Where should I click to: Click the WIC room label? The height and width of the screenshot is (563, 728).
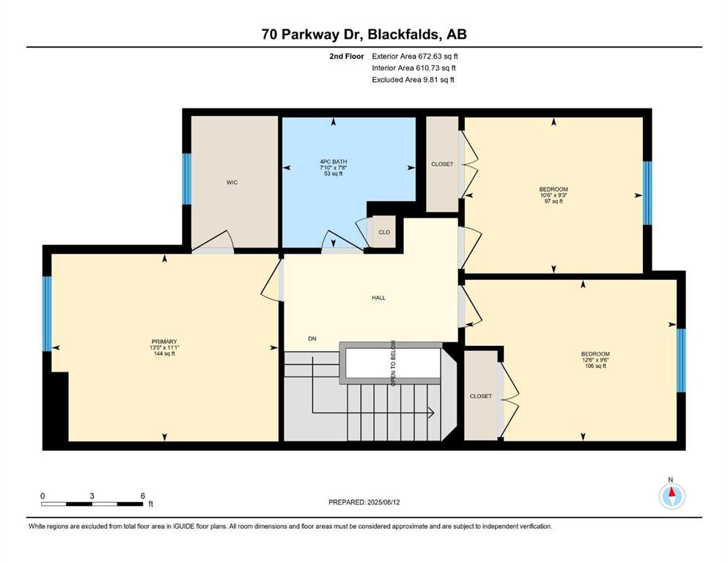coord(232,183)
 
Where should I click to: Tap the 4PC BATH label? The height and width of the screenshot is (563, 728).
coord(334,161)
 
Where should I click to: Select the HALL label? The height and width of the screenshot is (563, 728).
coord(378,298)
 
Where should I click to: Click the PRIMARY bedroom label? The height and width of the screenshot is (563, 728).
coord(164,342)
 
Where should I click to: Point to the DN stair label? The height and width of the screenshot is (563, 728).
coord(312,339)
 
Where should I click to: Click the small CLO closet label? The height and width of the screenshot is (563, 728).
coord(384,232)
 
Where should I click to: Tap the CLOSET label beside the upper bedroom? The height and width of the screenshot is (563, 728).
coord(442,164)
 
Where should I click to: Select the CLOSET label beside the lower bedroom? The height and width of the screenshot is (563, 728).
coord(480,397)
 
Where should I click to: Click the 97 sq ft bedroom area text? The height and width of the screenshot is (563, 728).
coord(554,202)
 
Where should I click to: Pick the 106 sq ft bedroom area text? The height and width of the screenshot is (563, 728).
coord(595,366)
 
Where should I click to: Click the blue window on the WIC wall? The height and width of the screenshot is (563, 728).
coord(187,179)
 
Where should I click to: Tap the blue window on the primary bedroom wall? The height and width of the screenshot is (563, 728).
coord(47,314)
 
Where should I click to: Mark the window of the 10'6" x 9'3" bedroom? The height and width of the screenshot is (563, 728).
coord(647,193)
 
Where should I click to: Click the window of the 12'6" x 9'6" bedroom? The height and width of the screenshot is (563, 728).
coord(681,360)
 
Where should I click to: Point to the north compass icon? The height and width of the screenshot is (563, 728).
coord(672,496)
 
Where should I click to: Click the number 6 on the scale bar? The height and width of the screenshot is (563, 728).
coord(142,496)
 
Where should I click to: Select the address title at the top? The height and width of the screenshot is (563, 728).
coord(364,34)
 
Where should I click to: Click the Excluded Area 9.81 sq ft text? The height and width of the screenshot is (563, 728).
coord(413,79)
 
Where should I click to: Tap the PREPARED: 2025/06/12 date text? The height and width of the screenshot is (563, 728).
coord(364,502)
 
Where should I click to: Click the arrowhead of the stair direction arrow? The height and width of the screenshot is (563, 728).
coord(432,412)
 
